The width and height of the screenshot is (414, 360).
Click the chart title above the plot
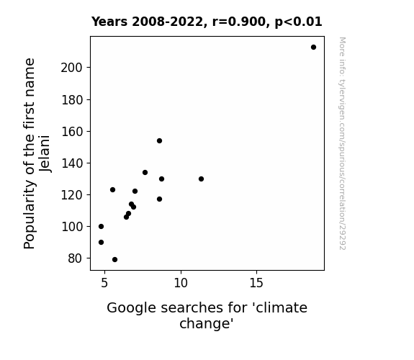pos(207,22)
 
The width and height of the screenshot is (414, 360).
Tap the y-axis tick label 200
pos(71,68)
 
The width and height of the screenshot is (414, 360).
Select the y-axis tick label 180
pos(71,100)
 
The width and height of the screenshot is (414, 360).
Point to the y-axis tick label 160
pos(71,132)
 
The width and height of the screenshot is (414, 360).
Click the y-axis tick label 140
pos(71,163)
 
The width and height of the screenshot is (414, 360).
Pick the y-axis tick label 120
pos(71,195)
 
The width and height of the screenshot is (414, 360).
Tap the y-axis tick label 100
pos(71,227)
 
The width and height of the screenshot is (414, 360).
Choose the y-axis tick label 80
pos(76,258)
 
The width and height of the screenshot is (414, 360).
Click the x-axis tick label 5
pos(104,283)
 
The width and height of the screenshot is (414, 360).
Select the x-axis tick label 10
pos(181,283)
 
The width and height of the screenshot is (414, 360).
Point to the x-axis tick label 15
pos(256,283)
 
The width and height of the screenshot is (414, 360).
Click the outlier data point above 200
pos(313,48)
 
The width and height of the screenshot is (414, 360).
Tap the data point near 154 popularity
pos(159,141)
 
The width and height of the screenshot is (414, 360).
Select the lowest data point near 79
pos(115,260)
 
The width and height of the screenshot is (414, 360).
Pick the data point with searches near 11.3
pos(201,179)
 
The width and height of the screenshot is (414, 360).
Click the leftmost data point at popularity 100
pos(101,227)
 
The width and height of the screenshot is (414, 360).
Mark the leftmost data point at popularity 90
pos(101,243)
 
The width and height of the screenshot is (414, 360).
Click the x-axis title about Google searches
pos(207,315)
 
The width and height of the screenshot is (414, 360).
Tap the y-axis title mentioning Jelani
pos(37,153)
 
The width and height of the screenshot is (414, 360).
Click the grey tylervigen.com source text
pos(342,143)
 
